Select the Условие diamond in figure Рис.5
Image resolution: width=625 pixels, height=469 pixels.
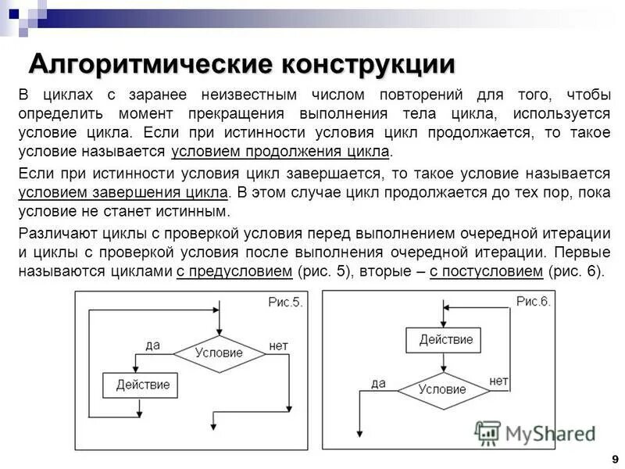[x=219, y=353]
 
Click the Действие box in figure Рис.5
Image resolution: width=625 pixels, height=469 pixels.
[x=141, y=385]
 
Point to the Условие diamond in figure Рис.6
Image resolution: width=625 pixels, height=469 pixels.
[x=442, y=389]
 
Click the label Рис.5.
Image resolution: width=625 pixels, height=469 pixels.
[x=284, y=303]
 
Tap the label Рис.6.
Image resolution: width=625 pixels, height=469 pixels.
[x=533, y=302]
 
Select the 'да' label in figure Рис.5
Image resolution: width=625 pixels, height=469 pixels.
[x=153, y=345]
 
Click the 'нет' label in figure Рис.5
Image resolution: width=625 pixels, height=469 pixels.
[x=279, y=345]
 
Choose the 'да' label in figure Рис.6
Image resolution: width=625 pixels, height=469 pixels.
[x=378, y=382]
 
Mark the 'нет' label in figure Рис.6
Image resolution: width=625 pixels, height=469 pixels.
[x=499, y=380]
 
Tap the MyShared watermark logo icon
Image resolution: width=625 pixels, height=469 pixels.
[x=487, y=432]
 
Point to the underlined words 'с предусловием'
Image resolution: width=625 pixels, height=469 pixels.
[x=234, y=271]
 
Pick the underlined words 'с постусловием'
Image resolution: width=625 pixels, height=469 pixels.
[x=486, y=271]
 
